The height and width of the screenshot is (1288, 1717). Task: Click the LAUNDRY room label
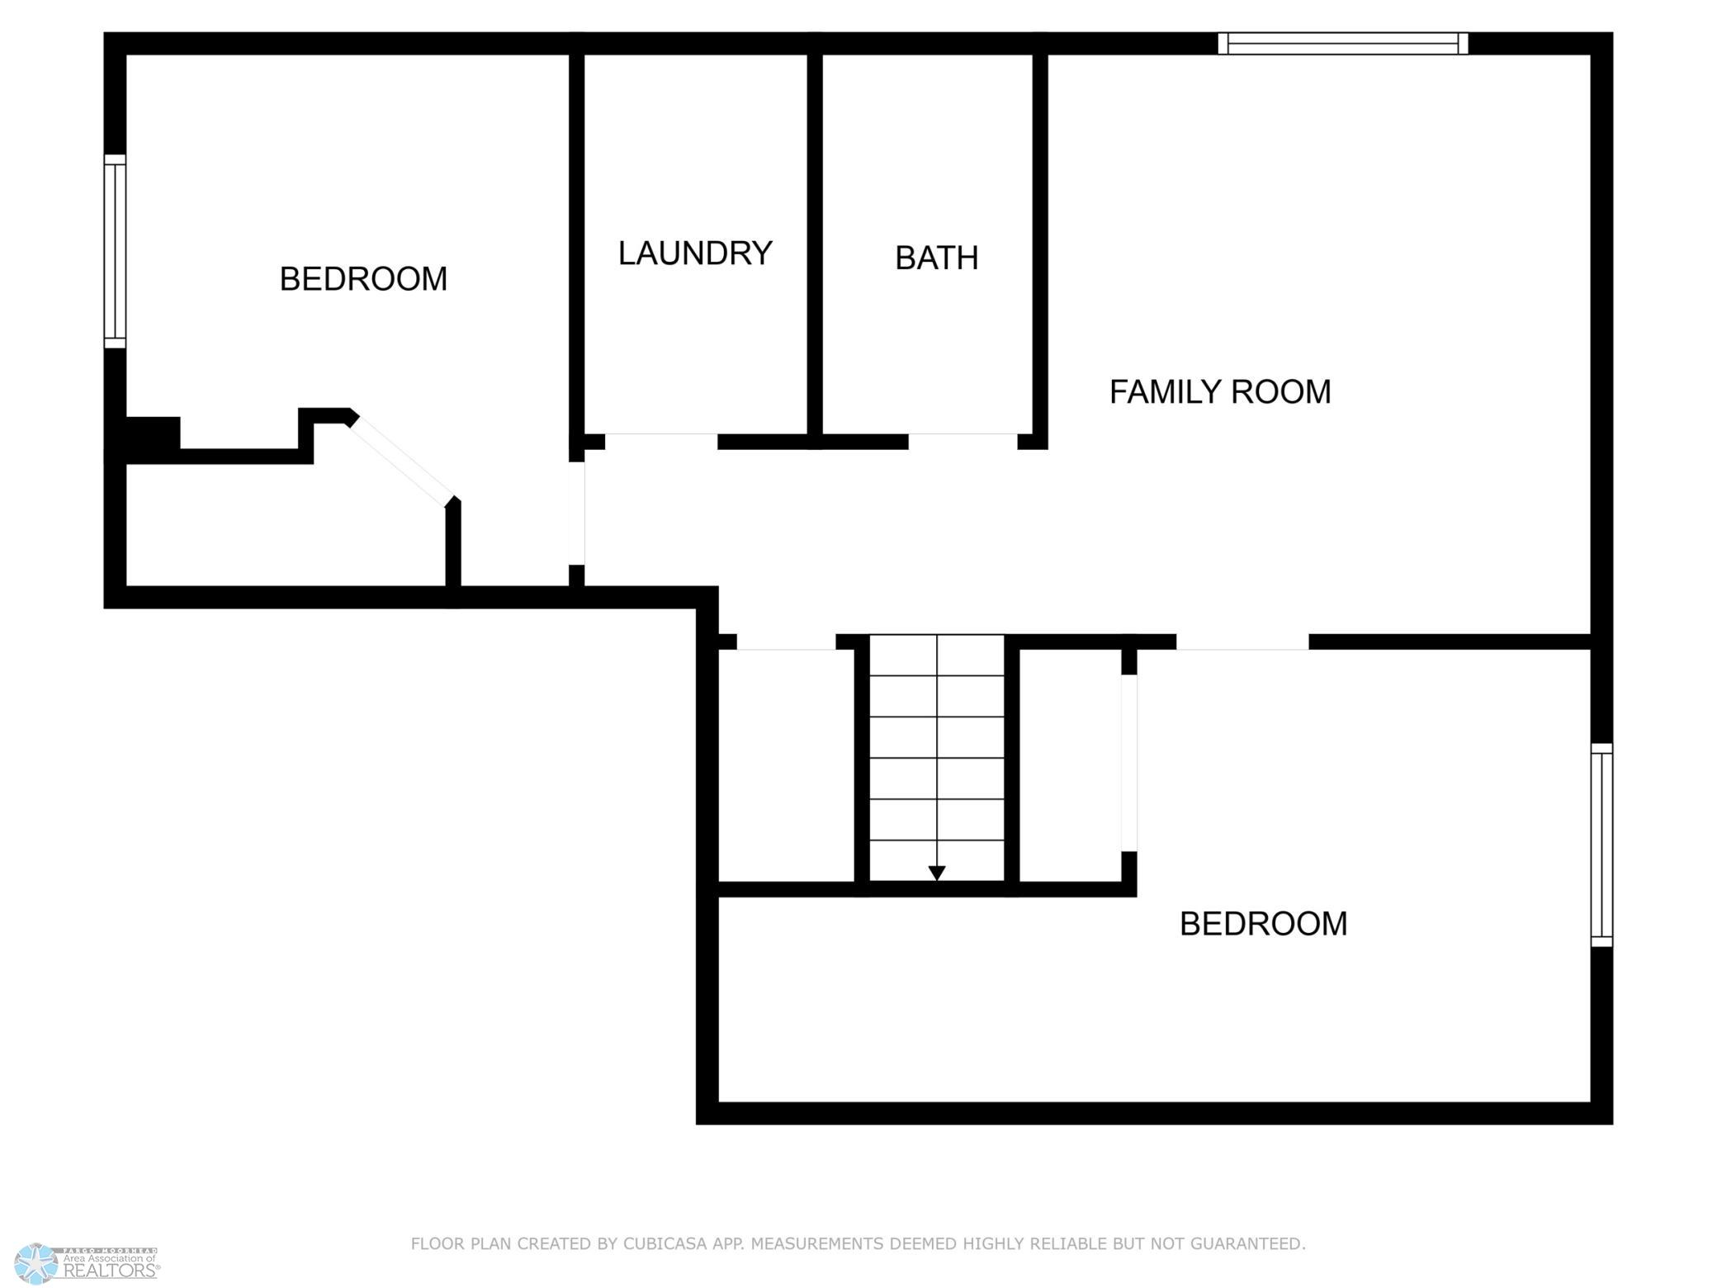tap(695, 253)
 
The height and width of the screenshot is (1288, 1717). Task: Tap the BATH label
tap(937, 258)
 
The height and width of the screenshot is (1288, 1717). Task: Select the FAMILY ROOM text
tap(1220, 392)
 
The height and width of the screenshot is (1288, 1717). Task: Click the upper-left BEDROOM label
tap(363, 279)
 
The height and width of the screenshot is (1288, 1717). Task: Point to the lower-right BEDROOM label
tap(1263, 924)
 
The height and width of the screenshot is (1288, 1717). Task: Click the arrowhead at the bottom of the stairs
tap(937, 873)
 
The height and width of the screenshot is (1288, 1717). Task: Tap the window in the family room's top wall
tap(1343, 43)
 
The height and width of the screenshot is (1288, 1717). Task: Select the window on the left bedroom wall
tap(115, 251)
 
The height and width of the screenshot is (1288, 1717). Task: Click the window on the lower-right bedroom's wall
tap(1601, 845)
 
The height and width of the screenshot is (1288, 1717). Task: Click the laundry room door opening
tap(661, 441)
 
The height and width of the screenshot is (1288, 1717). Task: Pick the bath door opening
tap(963, 441)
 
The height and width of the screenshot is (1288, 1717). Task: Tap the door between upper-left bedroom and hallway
tap(577, 514)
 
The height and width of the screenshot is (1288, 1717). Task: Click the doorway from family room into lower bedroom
tap(1242, 642)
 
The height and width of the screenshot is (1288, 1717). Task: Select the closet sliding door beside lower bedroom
tap(1128, 763)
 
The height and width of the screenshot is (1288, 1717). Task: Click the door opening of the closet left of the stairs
tap(786, 642)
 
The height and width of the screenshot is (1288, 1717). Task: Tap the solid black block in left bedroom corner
tap(153, 434)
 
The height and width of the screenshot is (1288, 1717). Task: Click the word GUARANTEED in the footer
tap(1251, 1243)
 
